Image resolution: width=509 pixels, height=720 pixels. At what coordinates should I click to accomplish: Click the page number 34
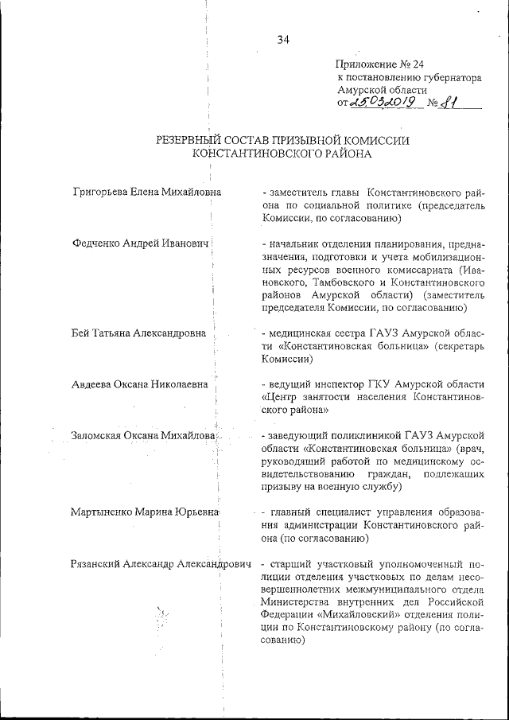[283, 41]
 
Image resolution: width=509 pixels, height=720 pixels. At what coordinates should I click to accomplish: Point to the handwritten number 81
[452, 103]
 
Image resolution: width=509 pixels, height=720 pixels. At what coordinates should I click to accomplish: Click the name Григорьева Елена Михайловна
[146, 192]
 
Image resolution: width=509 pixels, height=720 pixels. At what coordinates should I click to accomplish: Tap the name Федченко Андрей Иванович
[140, 243]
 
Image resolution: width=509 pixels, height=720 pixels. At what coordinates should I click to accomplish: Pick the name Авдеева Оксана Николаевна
[140, 384]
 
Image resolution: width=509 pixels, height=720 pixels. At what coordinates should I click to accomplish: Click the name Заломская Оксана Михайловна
[144, 436]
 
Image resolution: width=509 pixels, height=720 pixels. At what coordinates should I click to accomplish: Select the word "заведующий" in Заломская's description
[297, 436]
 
